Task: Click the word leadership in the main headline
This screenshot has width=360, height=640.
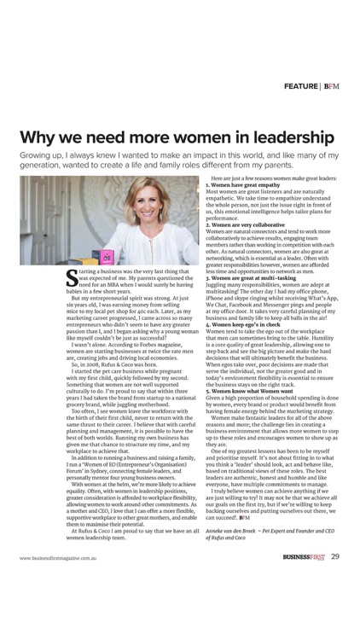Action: point(285,137)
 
